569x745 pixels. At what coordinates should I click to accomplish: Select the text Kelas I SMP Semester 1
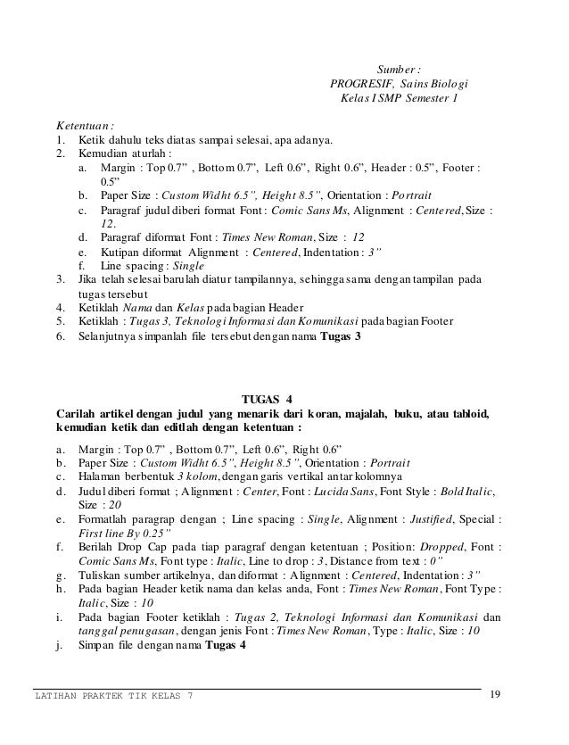tap(398, 98)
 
